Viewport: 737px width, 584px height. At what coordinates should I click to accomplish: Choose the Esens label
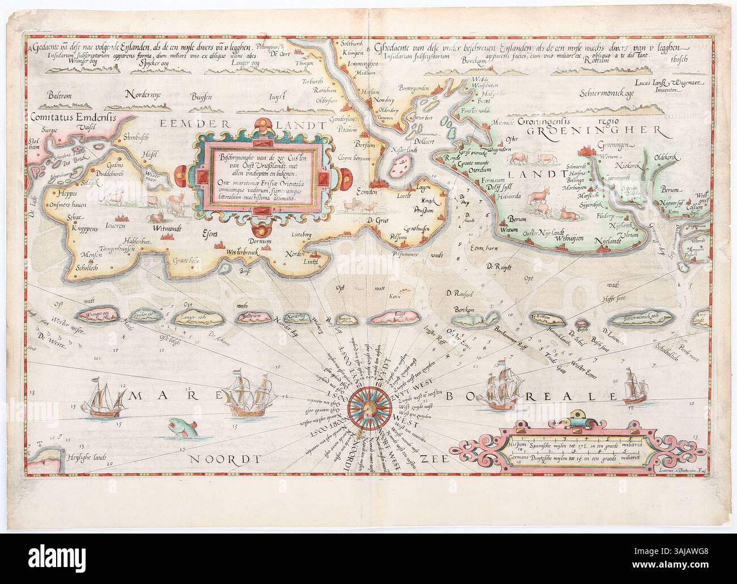[x=211, y=231]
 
